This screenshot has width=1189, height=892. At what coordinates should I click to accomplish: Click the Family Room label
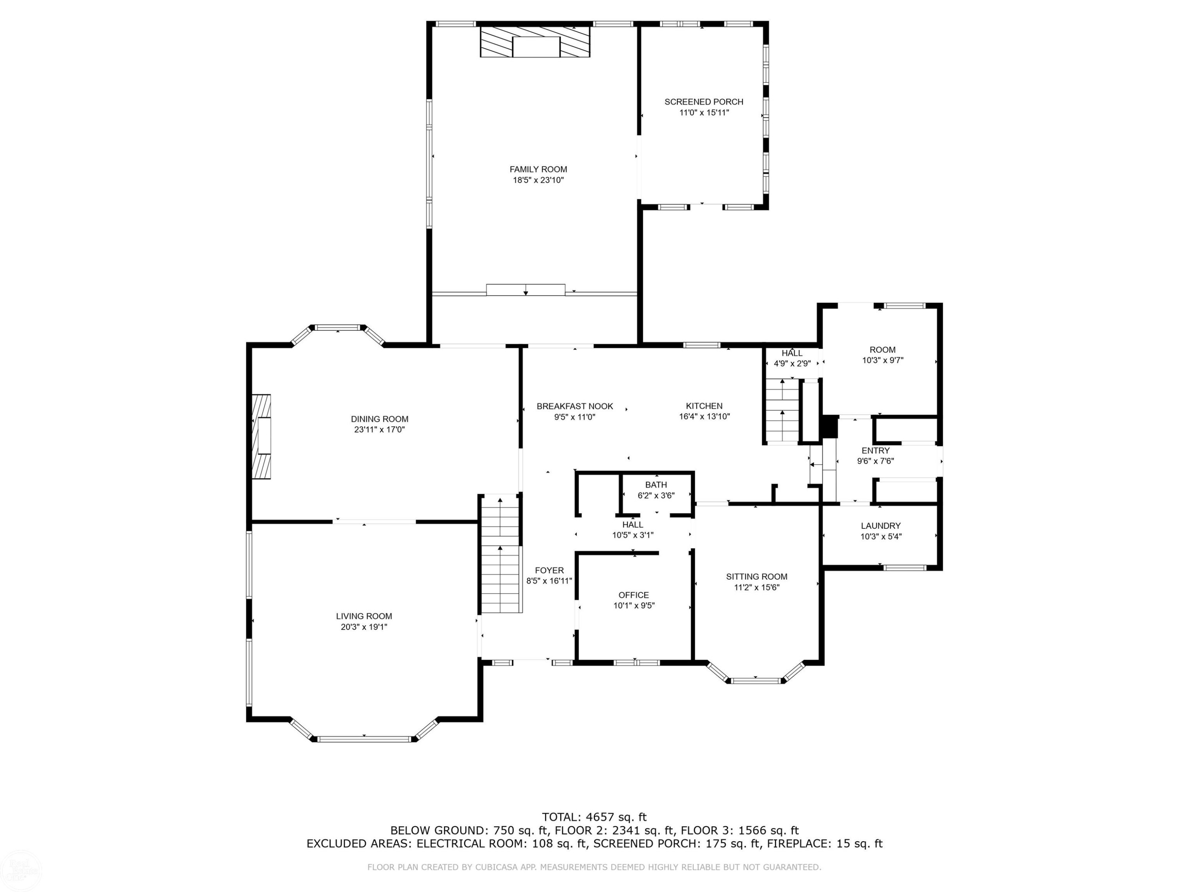click(x=538, y=169)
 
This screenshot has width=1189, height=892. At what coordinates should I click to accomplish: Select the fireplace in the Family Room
click(x=535, y=42)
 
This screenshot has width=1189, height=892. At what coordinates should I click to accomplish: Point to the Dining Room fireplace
click(x=261, y=436)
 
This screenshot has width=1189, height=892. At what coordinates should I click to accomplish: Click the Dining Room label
click(x=380, y=419)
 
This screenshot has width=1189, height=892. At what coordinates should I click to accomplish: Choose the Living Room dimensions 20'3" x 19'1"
click(x=364, y=627)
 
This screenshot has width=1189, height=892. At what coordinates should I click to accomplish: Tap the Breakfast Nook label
click(x=575, y=406)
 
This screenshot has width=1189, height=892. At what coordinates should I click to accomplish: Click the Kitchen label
click(x=704, y=406)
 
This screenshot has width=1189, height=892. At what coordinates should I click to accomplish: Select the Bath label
click(x=656, y=485)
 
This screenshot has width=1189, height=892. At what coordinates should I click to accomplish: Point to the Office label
click(x=634, y=595)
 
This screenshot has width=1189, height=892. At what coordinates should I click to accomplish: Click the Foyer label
click(x=549, y=570)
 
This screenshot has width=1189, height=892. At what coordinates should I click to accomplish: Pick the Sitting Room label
click(x=757, y=577)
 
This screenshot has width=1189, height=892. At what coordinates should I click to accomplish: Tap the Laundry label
click(x=881, y=526)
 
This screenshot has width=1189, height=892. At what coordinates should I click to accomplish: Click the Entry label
click(x=876, y=451)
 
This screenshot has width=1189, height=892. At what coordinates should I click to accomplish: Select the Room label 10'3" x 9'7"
click(x=883, y=350)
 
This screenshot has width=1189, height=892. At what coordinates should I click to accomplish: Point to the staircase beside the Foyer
click(x=501, y=554)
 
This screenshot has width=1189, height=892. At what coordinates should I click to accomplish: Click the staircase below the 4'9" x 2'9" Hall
click(x=782, y=410)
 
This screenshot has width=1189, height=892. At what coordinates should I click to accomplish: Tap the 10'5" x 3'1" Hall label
click(x=633, y=525)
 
